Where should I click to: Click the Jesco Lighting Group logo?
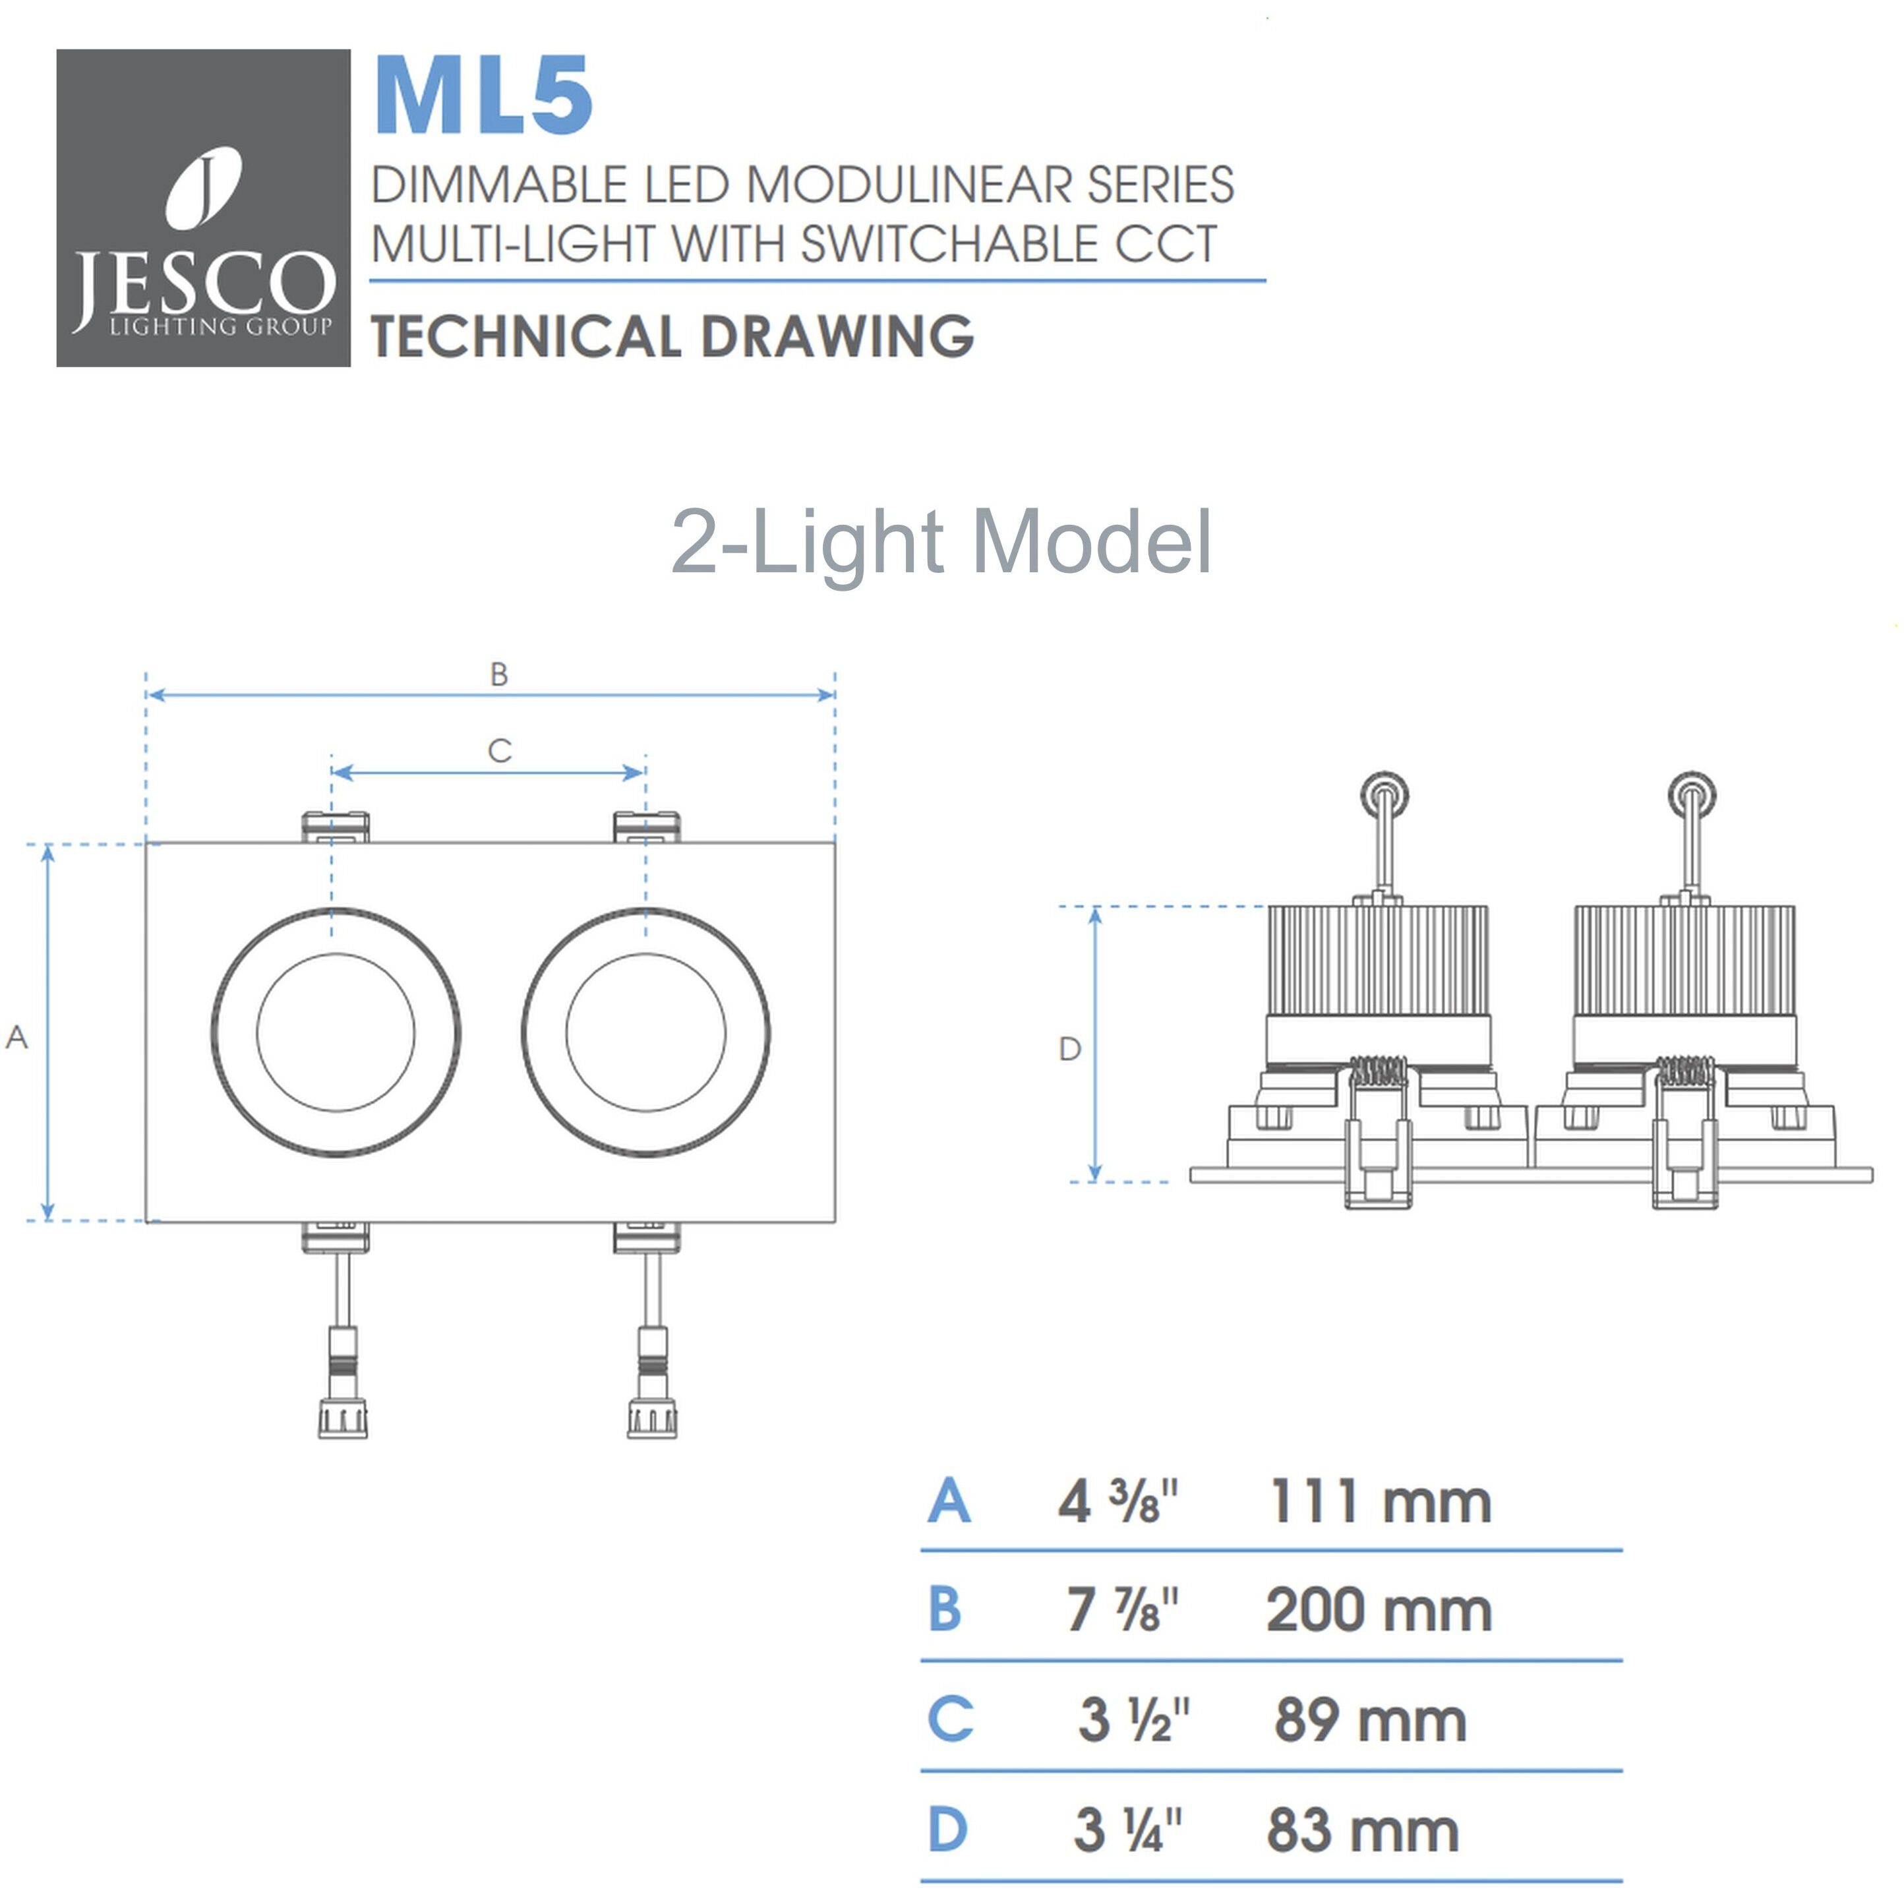pos(203,208)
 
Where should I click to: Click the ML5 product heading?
pos(483,96)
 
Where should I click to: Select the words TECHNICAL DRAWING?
pos(672,336)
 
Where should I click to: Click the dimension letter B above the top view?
pos(498,675)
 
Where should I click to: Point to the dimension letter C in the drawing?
pos(500,751)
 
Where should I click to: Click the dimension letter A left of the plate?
pos(16,1037)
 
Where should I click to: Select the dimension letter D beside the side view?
pos(1069,1050)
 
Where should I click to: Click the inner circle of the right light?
pos(645,1032)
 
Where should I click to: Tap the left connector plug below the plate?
pos(342,1415)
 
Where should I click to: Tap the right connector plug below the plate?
pos(651,1415)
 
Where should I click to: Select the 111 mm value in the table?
pos(1380,1502)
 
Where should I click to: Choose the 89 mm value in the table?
pos(1370,1721)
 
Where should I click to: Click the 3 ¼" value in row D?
pos(1127,1830)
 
